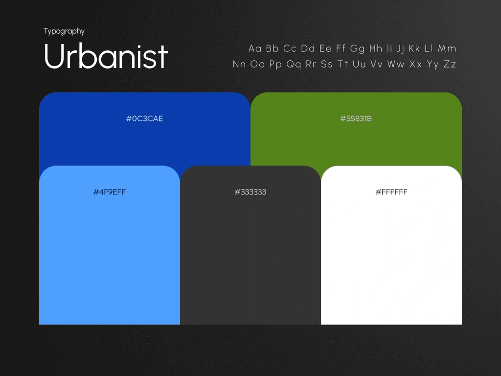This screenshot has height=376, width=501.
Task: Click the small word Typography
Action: tap(64, 31)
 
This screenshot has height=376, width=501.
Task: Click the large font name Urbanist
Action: tap(106, 56)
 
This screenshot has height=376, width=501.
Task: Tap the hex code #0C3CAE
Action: tap(144, 118)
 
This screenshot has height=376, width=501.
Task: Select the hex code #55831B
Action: tap(356, 118)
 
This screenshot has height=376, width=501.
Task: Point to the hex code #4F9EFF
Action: tap(109, 192)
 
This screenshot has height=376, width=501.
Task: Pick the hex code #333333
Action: tap(250, 192)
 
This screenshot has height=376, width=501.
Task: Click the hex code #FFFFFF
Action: tap(391, 192)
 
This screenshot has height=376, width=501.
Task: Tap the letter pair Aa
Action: tap(255, 48)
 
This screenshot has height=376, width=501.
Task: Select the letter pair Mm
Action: tap(447, 48)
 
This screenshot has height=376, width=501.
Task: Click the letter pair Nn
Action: tap(239, 64)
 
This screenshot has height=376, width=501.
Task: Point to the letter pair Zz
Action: tap(450, 64)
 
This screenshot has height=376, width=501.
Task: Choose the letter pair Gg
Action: tap(357, 49)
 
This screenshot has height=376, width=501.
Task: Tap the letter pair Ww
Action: tap(396, 64)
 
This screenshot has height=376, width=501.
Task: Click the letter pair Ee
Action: tap(325, 48)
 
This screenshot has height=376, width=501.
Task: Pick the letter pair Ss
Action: tap(326, 64)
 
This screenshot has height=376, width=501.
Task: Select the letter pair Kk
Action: tap(414, 48)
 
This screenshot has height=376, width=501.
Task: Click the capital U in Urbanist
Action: tap(55, 56)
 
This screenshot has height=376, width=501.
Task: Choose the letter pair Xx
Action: tap(415, 64)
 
